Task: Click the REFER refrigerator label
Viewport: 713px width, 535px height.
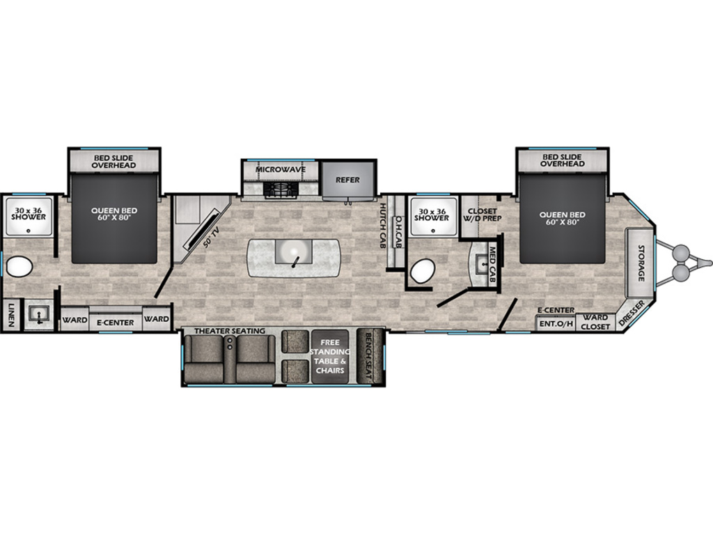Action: [x=347, y=180]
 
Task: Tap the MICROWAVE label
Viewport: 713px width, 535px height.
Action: [x=280, y=170]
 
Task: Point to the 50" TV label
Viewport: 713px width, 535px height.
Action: [x=212, y=237]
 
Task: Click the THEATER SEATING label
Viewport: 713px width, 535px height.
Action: [x=230, y=331]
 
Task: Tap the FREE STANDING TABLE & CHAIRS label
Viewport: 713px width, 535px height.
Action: [x=330, y=356]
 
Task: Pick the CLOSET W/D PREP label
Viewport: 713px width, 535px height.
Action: [x=482, y=215]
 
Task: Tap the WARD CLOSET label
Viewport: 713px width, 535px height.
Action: [x=595, y=322]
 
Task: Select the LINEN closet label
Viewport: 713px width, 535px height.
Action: [x=11, y=315]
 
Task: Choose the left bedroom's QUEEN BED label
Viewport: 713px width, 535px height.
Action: [x=113, y=215]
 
